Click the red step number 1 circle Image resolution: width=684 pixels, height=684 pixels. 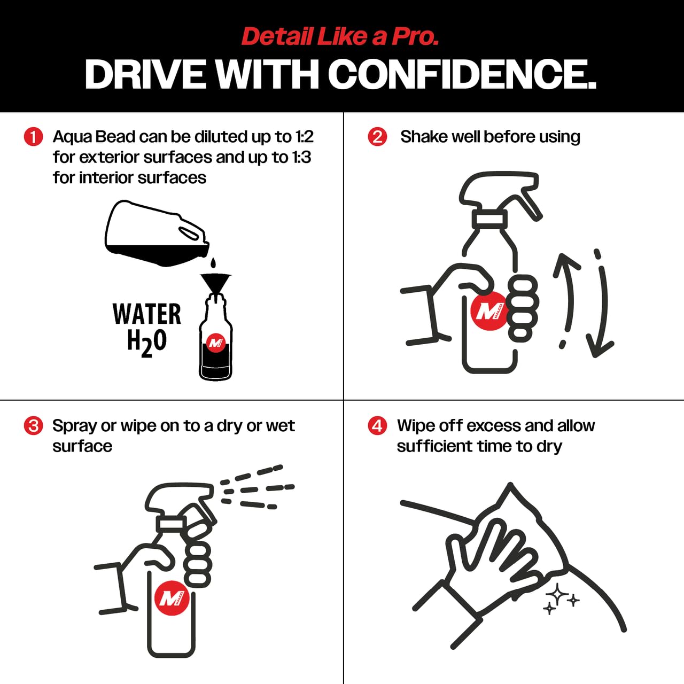33,137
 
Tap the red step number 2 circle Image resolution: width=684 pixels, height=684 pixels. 377,137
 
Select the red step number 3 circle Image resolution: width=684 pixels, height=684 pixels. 33,425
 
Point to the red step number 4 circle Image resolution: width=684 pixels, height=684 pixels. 377,425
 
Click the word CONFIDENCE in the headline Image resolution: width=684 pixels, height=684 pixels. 462,74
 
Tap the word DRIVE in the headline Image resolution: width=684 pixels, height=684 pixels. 145,74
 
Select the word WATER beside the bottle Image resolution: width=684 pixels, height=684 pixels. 146,314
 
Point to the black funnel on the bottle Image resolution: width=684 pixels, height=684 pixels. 215,283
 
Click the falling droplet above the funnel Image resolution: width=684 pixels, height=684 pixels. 213,263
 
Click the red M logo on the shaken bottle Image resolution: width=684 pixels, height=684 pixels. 489,312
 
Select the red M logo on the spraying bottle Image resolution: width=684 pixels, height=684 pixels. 172,598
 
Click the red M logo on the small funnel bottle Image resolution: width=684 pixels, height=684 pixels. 216,343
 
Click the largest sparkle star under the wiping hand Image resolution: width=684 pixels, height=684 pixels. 557,594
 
